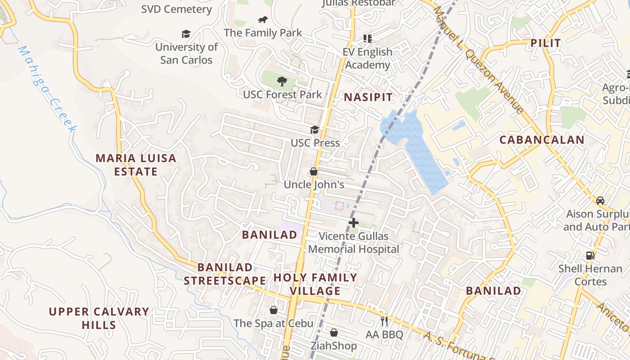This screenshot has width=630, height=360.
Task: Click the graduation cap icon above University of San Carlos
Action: coord(186,34)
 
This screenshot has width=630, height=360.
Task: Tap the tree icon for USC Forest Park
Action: coord(282,81)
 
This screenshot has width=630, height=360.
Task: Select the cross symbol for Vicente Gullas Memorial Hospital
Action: coord(354,222)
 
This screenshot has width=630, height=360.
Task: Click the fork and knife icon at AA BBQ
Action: coord(384,321)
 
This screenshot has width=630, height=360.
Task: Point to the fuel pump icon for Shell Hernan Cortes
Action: coord(590,256)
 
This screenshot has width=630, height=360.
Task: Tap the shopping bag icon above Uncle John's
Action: coord(314,171)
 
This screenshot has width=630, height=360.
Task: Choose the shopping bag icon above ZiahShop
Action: coord(334,333)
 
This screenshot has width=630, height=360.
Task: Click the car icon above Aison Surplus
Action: coord(600,200)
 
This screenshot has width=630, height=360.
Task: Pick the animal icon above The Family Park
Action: coord(263,20)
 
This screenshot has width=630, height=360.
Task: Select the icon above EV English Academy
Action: coord(368,39)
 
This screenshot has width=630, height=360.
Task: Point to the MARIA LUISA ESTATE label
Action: coord(136,165)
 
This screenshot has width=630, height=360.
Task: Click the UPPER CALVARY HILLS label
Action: coord(99,318)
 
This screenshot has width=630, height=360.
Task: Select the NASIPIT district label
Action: coord(368,97)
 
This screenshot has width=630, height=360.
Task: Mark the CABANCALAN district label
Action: coord(542,139)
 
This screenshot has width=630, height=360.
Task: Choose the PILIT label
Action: coord(545,43)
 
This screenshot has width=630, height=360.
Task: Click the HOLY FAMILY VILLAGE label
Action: coord(315,284)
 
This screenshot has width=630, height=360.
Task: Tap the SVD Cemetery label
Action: coord(176,9)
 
